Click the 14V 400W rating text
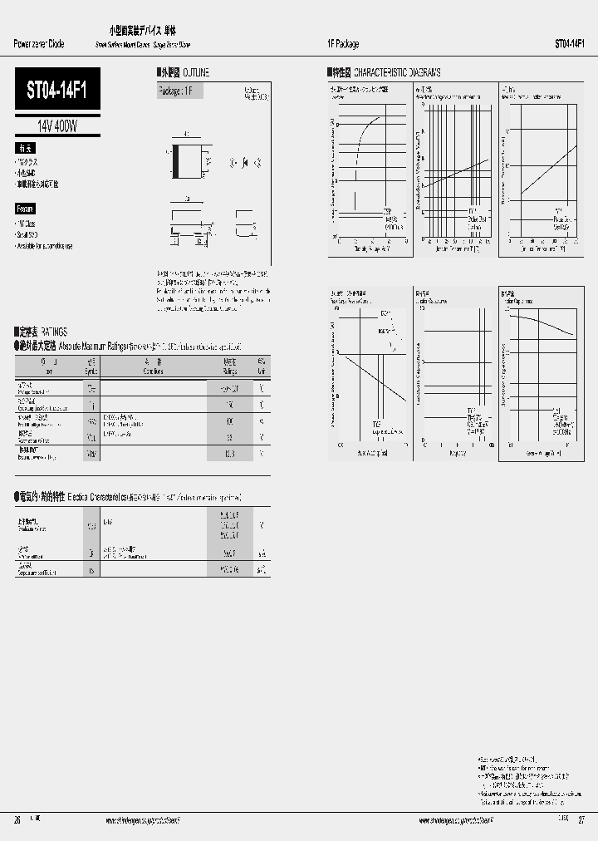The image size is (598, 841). (57, 126)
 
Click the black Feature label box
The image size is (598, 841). (26, 209)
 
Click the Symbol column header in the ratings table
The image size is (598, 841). (91, 366)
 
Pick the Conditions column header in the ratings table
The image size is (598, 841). (153, 366)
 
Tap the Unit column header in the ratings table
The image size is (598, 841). (262, 366)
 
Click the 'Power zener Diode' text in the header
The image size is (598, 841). (38, 44)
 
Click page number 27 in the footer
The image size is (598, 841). (581, 819)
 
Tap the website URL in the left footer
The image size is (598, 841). (143, 819)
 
